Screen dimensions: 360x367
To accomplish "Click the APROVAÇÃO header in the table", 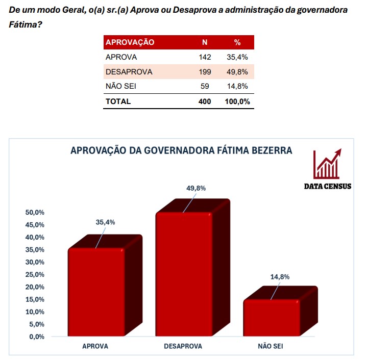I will coord(130,42).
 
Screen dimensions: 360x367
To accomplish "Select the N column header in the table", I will coord(205,42).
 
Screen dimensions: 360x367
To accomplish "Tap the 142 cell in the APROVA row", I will coord(204,57).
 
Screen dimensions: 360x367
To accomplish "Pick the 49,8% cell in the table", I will coord(237,72).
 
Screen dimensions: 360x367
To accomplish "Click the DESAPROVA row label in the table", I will coord(129,72).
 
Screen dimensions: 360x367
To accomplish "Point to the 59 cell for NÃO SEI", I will coord(205,86).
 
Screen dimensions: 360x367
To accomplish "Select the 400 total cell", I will coord(204,101).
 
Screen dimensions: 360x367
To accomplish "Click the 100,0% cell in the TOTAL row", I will coord(237,101).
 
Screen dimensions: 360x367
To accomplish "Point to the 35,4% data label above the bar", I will coord(105,222).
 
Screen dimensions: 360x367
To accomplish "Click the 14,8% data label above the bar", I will coord(280,277).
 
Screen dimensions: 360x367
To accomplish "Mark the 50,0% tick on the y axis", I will coord(35,212).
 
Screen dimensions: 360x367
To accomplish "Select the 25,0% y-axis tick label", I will coord(35,274).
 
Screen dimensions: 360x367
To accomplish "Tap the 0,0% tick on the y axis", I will coord(36,337).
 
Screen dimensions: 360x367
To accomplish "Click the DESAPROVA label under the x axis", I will coord(183,346).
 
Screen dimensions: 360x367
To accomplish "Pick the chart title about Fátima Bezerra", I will coord(181,150).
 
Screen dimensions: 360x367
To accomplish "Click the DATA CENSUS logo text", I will coord(327,186).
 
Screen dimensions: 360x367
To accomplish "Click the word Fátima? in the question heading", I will coord(26,24).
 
